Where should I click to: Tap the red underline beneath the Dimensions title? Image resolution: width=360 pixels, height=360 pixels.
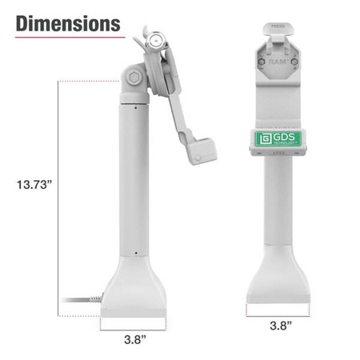pyautogui.click(x=68, y=37)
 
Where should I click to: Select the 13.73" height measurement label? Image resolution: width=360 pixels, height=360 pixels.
pyautogui.click(x=34, y=185)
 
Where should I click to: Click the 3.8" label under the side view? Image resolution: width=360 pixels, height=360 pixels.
pyautogui.click(x=134, y=340)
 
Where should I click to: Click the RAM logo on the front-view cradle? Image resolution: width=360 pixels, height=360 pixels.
pyautogui.click(x=278, y=61)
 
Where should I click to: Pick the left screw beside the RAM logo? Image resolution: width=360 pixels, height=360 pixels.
pyautogui.click(x=262, y=61)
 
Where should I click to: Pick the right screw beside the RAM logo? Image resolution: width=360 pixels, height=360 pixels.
pyautogui.click(x=293, y=61)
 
